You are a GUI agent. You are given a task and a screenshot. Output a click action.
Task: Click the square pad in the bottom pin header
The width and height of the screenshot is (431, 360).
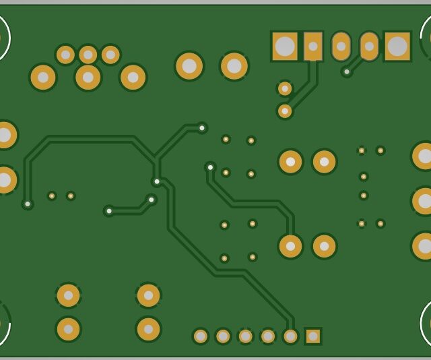312,336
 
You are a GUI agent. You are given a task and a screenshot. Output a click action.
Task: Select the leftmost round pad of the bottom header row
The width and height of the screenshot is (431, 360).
201,336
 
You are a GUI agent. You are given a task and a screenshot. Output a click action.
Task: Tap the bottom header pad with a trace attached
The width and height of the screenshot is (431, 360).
290,336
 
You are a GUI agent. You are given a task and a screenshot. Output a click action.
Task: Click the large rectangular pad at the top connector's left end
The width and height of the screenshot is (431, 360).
285,47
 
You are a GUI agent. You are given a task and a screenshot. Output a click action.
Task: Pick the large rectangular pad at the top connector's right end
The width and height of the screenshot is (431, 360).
397,47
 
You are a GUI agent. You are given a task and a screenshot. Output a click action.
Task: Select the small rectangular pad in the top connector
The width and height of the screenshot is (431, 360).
313,47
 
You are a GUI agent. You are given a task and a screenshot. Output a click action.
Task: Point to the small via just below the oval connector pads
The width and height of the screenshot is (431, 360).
347,71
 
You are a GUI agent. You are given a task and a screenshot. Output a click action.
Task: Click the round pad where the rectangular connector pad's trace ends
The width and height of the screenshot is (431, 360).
285,111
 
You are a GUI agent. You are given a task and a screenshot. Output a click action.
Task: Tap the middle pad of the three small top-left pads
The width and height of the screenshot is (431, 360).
88,55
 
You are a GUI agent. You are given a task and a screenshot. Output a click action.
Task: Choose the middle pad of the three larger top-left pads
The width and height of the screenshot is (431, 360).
88,77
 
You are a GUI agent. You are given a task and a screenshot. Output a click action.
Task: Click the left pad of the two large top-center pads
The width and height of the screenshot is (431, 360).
189,66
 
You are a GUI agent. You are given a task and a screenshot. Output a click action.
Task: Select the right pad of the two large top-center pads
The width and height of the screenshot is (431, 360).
234,66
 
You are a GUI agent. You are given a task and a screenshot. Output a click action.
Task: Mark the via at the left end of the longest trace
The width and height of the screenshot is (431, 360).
28,204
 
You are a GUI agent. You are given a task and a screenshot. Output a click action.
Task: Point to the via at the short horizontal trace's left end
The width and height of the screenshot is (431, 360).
109,211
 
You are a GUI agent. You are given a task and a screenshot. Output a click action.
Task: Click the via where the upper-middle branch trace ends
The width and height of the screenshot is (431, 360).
202,127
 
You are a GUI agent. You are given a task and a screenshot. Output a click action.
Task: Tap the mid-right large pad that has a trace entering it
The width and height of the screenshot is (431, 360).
290,246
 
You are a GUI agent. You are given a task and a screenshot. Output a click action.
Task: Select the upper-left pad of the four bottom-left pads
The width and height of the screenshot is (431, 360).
68,295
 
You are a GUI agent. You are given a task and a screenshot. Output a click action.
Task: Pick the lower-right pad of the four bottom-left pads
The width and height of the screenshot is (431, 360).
148,329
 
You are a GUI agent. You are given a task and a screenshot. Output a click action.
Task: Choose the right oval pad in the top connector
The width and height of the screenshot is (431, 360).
369,47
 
